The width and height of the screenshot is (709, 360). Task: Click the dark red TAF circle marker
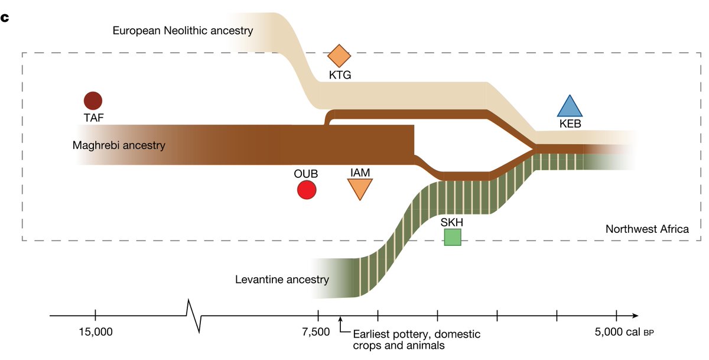[x=93, y=101]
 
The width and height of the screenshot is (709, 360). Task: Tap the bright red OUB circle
[x=307, y=190]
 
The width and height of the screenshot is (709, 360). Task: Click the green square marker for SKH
[x=453, y=236]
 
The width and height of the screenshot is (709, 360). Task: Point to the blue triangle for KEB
[x=570, y=107]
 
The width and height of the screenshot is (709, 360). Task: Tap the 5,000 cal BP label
[x=624, y=332]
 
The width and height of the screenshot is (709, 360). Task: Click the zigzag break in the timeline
[x=194, y=316]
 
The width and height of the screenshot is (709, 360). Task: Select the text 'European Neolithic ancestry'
[x=183, y=30]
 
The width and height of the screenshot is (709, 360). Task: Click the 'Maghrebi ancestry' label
[x=119, y=145]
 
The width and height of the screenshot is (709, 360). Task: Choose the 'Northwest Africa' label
[x=647, y=229]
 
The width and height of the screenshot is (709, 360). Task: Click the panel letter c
[x=5, y=17]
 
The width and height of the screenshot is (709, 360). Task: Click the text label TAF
[x=93, y=117]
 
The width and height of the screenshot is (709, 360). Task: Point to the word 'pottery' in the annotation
[x=401, y=334]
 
